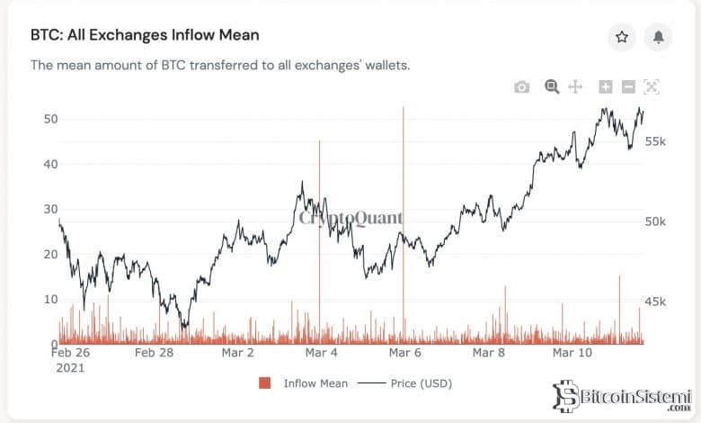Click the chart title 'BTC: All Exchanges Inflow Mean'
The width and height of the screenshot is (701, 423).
[x=145, y=35]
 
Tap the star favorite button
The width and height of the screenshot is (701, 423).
[x=621, y=37]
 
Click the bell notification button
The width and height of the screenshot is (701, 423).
[x=659, y=37]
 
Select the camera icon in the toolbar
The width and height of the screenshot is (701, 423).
[x=521, y=87]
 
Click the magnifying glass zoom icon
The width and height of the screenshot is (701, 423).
[x=552, y=86]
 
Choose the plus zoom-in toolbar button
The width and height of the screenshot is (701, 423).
[x=606, y=86]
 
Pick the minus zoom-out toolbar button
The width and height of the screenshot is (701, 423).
[x=628, y=86]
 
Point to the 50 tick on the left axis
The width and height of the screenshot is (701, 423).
[x=49, y=119]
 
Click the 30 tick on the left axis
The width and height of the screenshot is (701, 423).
[x=49, y=209]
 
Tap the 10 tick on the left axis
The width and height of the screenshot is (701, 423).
[x=49, y=300]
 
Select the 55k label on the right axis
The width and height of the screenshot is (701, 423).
[x=655, y=142]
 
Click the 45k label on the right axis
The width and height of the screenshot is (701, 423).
[x=655, y=301]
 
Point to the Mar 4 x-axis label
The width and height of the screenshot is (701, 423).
[x=321, y=353]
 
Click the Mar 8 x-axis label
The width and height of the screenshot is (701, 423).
[x=488, y=353]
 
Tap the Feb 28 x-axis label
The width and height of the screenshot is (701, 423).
[x=154, y=353]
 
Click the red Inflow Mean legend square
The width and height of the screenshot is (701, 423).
[x=264, y=383]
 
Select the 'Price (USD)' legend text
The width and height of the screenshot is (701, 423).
[x=421, y=383]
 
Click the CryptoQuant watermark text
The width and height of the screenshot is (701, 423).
[x=350, y=218]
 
